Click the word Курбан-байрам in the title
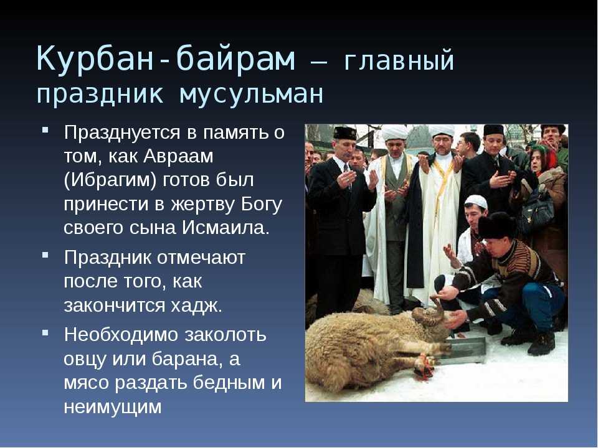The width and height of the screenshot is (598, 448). coord(166,58)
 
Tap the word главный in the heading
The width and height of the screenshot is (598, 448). coord(399,60)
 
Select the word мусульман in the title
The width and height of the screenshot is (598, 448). coord(251,94)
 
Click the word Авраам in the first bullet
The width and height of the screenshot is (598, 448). coord(179,156)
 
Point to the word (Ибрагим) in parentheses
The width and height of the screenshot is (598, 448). coord(110,180)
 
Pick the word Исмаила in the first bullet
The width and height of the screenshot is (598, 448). coord(225,228)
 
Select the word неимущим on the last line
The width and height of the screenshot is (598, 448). coord(113,407)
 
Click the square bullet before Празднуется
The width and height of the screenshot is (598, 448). coord(45,130)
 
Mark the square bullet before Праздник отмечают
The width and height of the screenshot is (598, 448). coord(45,254)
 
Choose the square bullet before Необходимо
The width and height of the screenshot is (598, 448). coord(45,332)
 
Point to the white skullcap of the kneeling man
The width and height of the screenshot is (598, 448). coord(476,201)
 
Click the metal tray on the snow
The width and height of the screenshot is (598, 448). coord(462,351)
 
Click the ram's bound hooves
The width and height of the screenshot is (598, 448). coord(424,366)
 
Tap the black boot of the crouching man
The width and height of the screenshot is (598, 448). coord(541,343)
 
